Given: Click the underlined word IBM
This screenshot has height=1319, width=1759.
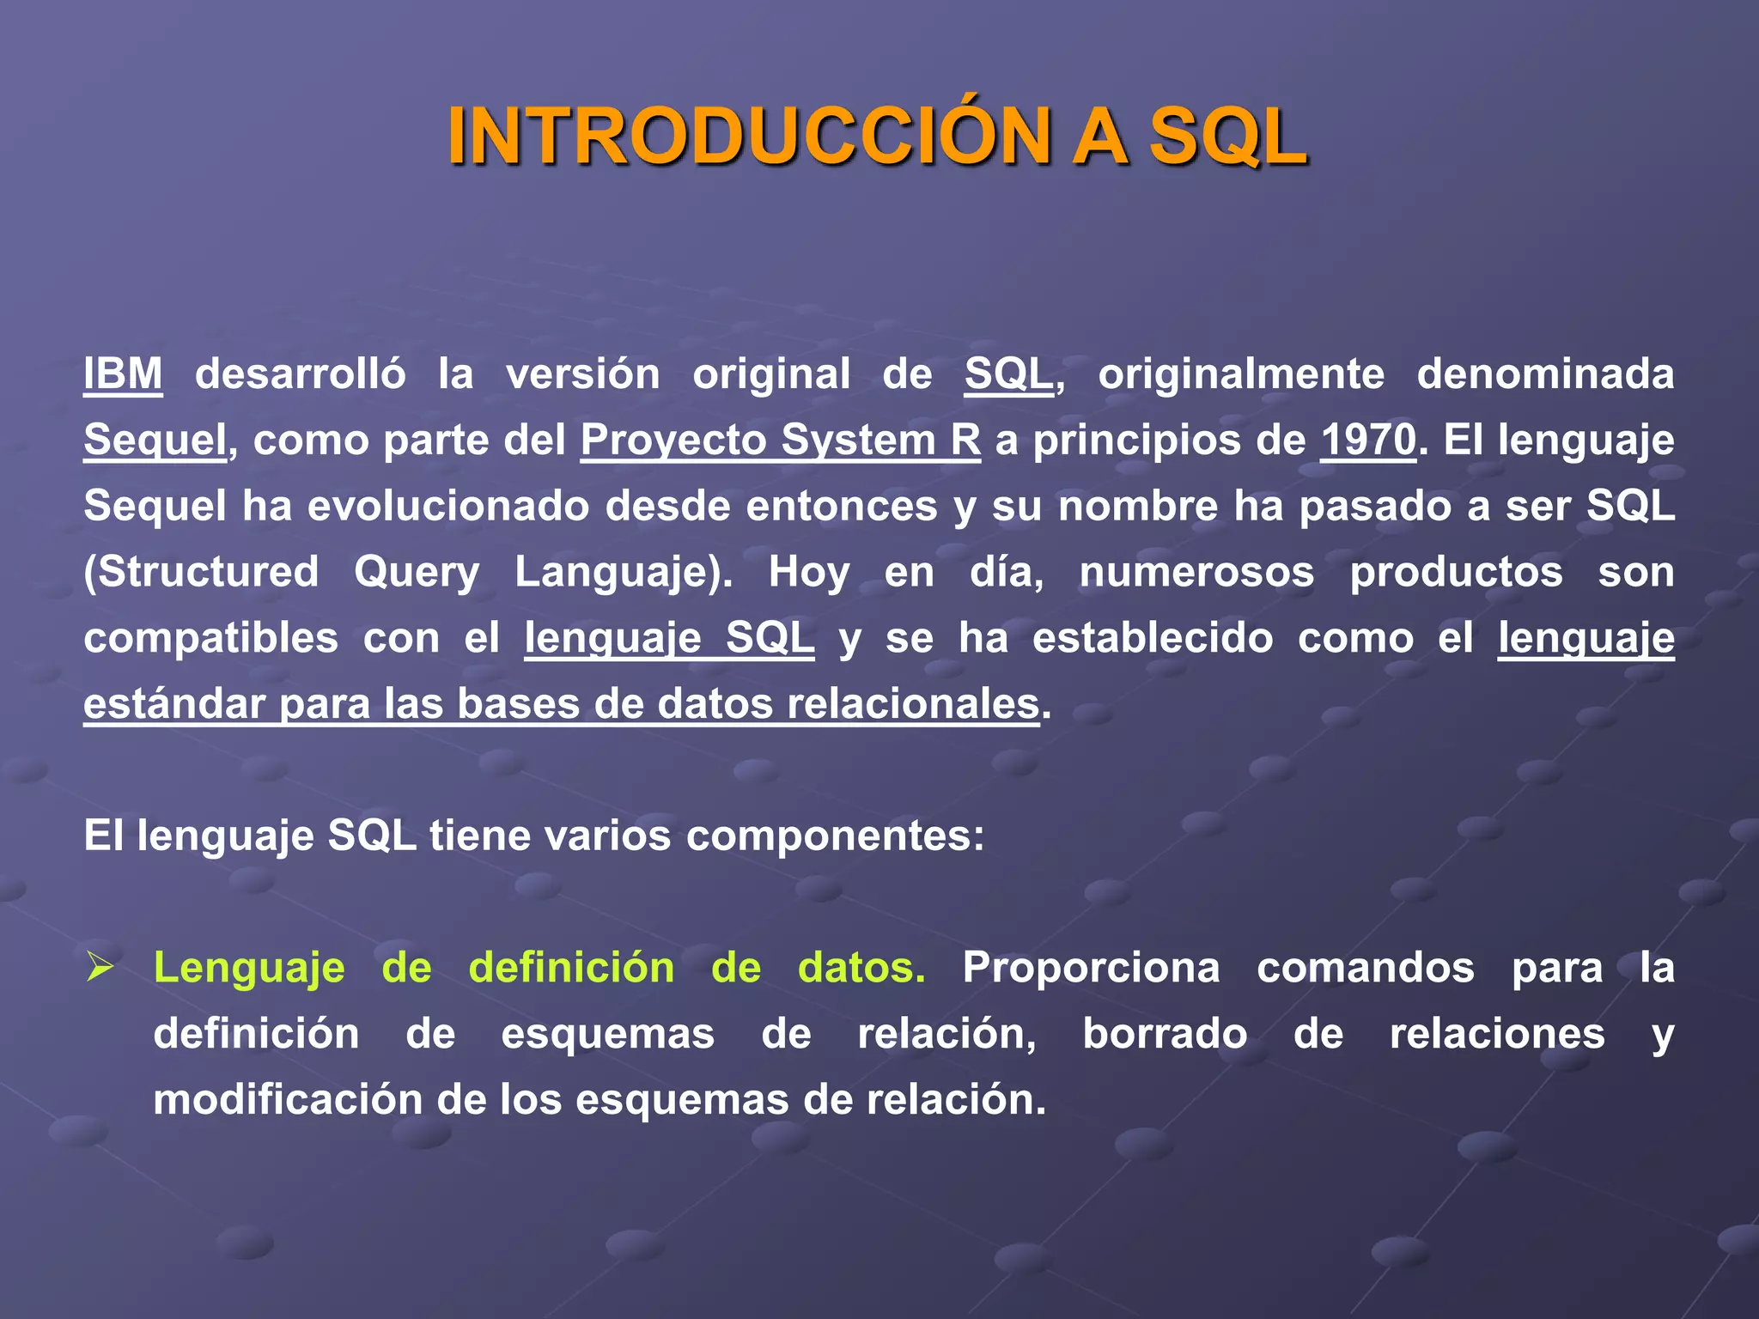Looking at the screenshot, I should pos(123,374).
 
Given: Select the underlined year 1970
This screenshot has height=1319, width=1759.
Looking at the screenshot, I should pos(1367,440).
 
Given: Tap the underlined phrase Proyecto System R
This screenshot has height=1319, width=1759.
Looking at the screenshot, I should pos(780,440).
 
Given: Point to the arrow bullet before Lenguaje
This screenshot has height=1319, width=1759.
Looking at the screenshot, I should pos(100,969).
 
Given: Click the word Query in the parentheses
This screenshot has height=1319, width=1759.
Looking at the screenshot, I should pos(417,573).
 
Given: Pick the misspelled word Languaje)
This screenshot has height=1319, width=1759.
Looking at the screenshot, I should pos(624,573).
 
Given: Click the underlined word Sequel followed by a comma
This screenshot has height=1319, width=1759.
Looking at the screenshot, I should pos(155,440).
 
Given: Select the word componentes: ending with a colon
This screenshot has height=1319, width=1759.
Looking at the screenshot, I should pos(835,836).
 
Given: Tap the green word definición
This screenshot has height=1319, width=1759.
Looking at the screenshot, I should pos(571,968).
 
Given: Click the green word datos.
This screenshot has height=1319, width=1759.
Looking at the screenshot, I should pos(861,968).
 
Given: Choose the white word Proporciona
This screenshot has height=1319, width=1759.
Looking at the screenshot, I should pos(1091,968).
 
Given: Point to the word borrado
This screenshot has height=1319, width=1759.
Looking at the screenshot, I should pos(1165,1034).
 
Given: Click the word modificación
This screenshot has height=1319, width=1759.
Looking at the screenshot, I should pos(288,1100).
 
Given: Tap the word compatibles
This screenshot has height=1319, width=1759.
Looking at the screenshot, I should pos(211,638).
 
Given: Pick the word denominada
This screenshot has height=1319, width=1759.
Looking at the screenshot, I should pos(1545,374).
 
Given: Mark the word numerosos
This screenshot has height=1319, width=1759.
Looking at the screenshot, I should pos(1196,572).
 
